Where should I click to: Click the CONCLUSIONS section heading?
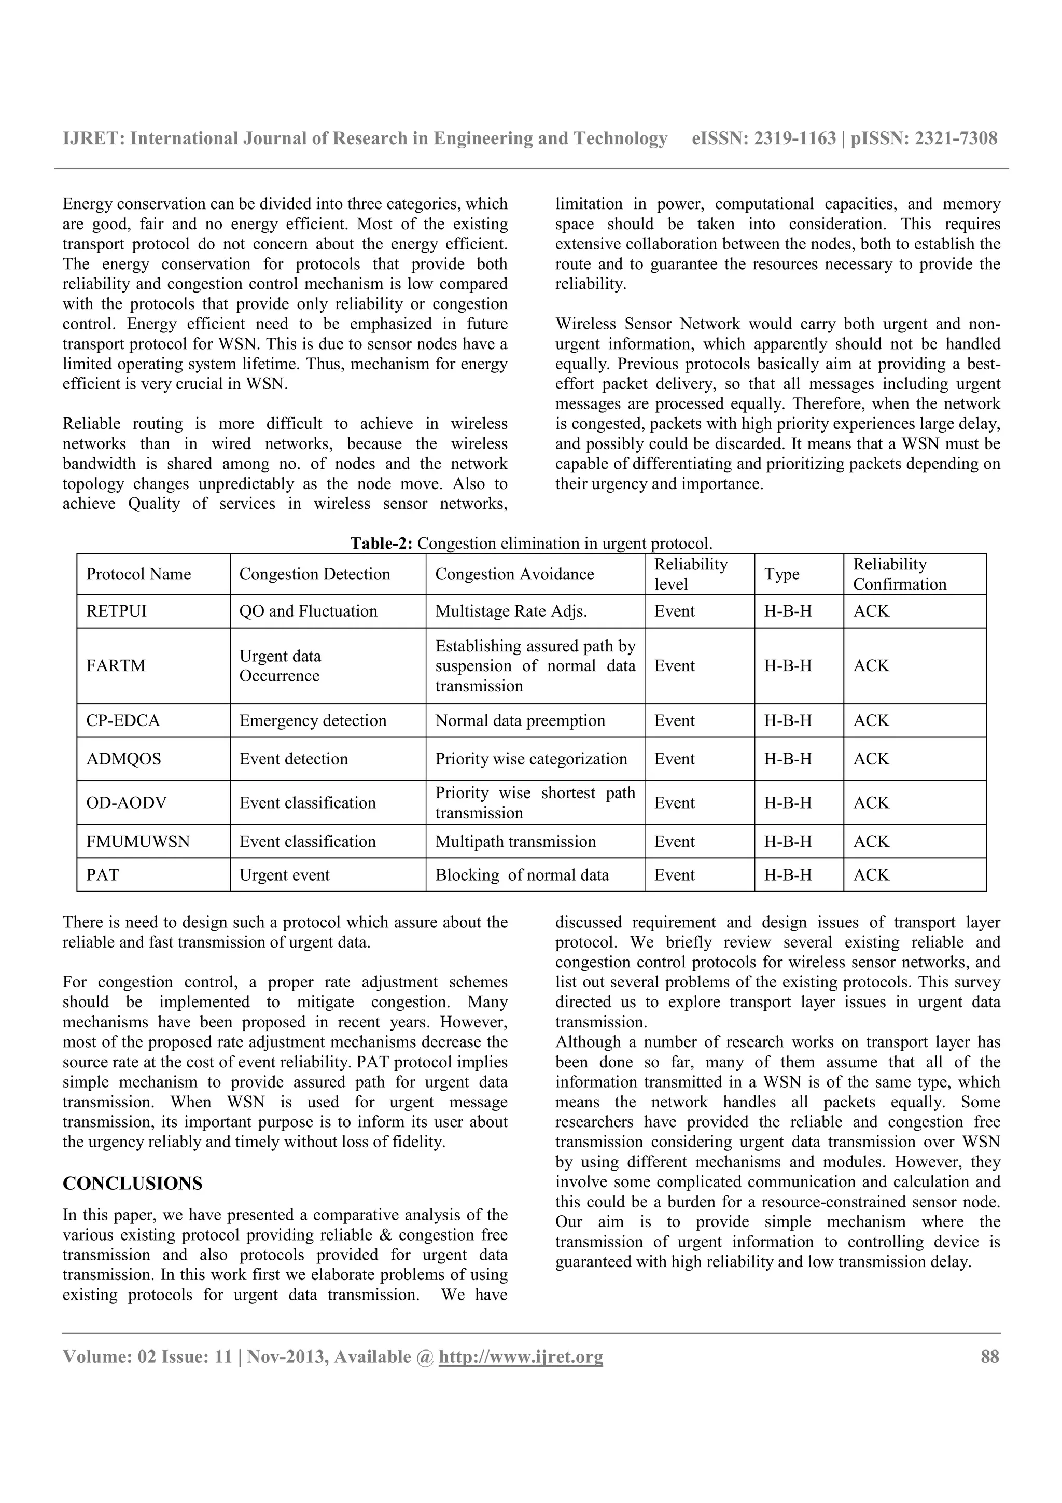click(x=132, y=1184)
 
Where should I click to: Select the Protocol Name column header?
click(x=139, y=574)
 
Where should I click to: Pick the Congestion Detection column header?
click(x=314, y=574)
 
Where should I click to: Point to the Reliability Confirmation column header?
click(x=899, y=574)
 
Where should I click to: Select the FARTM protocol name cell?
click(x=116, y=666)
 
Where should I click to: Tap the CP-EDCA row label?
click(x=123, y=721)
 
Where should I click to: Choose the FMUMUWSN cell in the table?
click(x=138, y=841)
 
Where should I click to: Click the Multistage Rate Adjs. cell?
click(x=511, y=611)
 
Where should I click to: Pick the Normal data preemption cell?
click(x=520, y=721)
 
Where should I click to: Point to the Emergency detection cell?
click(x=313, y=721)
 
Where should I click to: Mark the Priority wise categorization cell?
click(x=530, y=759)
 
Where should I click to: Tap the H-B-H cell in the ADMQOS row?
click(x=788, y=759)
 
